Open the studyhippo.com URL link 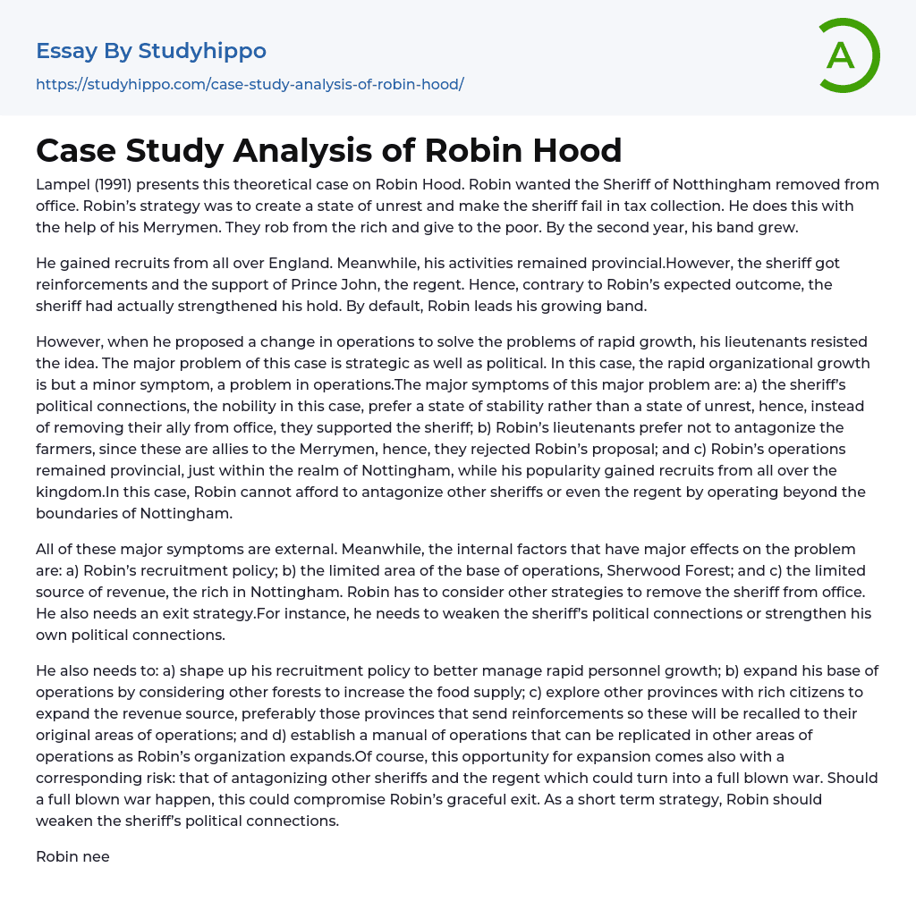[250, 85]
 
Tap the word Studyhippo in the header [202, 51]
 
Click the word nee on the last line [96, 856]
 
